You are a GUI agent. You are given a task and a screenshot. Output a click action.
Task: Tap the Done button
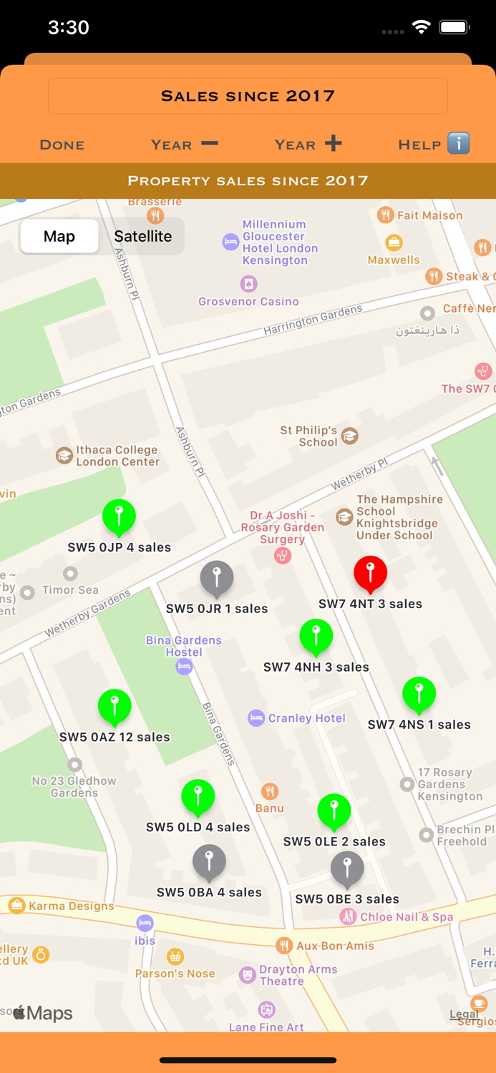click(62, 144)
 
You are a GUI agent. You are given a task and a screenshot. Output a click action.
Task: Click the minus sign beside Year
click(209, 143)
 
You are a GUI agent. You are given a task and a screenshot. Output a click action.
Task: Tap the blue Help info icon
click(459, 143)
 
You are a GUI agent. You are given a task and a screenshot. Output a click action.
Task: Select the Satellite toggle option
click(143, 236)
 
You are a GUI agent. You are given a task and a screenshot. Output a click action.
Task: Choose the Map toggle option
click(59, 236)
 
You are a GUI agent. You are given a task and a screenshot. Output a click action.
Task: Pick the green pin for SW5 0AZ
click(115, 706)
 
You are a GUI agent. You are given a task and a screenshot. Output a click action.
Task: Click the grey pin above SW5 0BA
click(209, 861)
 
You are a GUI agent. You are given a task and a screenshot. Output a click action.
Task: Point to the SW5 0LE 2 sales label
click(334, 842)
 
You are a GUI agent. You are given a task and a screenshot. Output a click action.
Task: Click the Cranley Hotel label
click(306, 718)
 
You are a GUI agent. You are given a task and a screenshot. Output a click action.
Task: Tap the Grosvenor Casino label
click(248, 302)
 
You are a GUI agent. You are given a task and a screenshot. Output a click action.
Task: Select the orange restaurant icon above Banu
click(270, 791)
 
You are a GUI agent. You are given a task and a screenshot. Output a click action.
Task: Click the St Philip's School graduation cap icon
click(350, 436)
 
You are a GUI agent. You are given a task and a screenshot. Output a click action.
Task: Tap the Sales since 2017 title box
click(248, 96)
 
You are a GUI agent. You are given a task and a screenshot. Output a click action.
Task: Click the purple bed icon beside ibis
click(145, 923)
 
